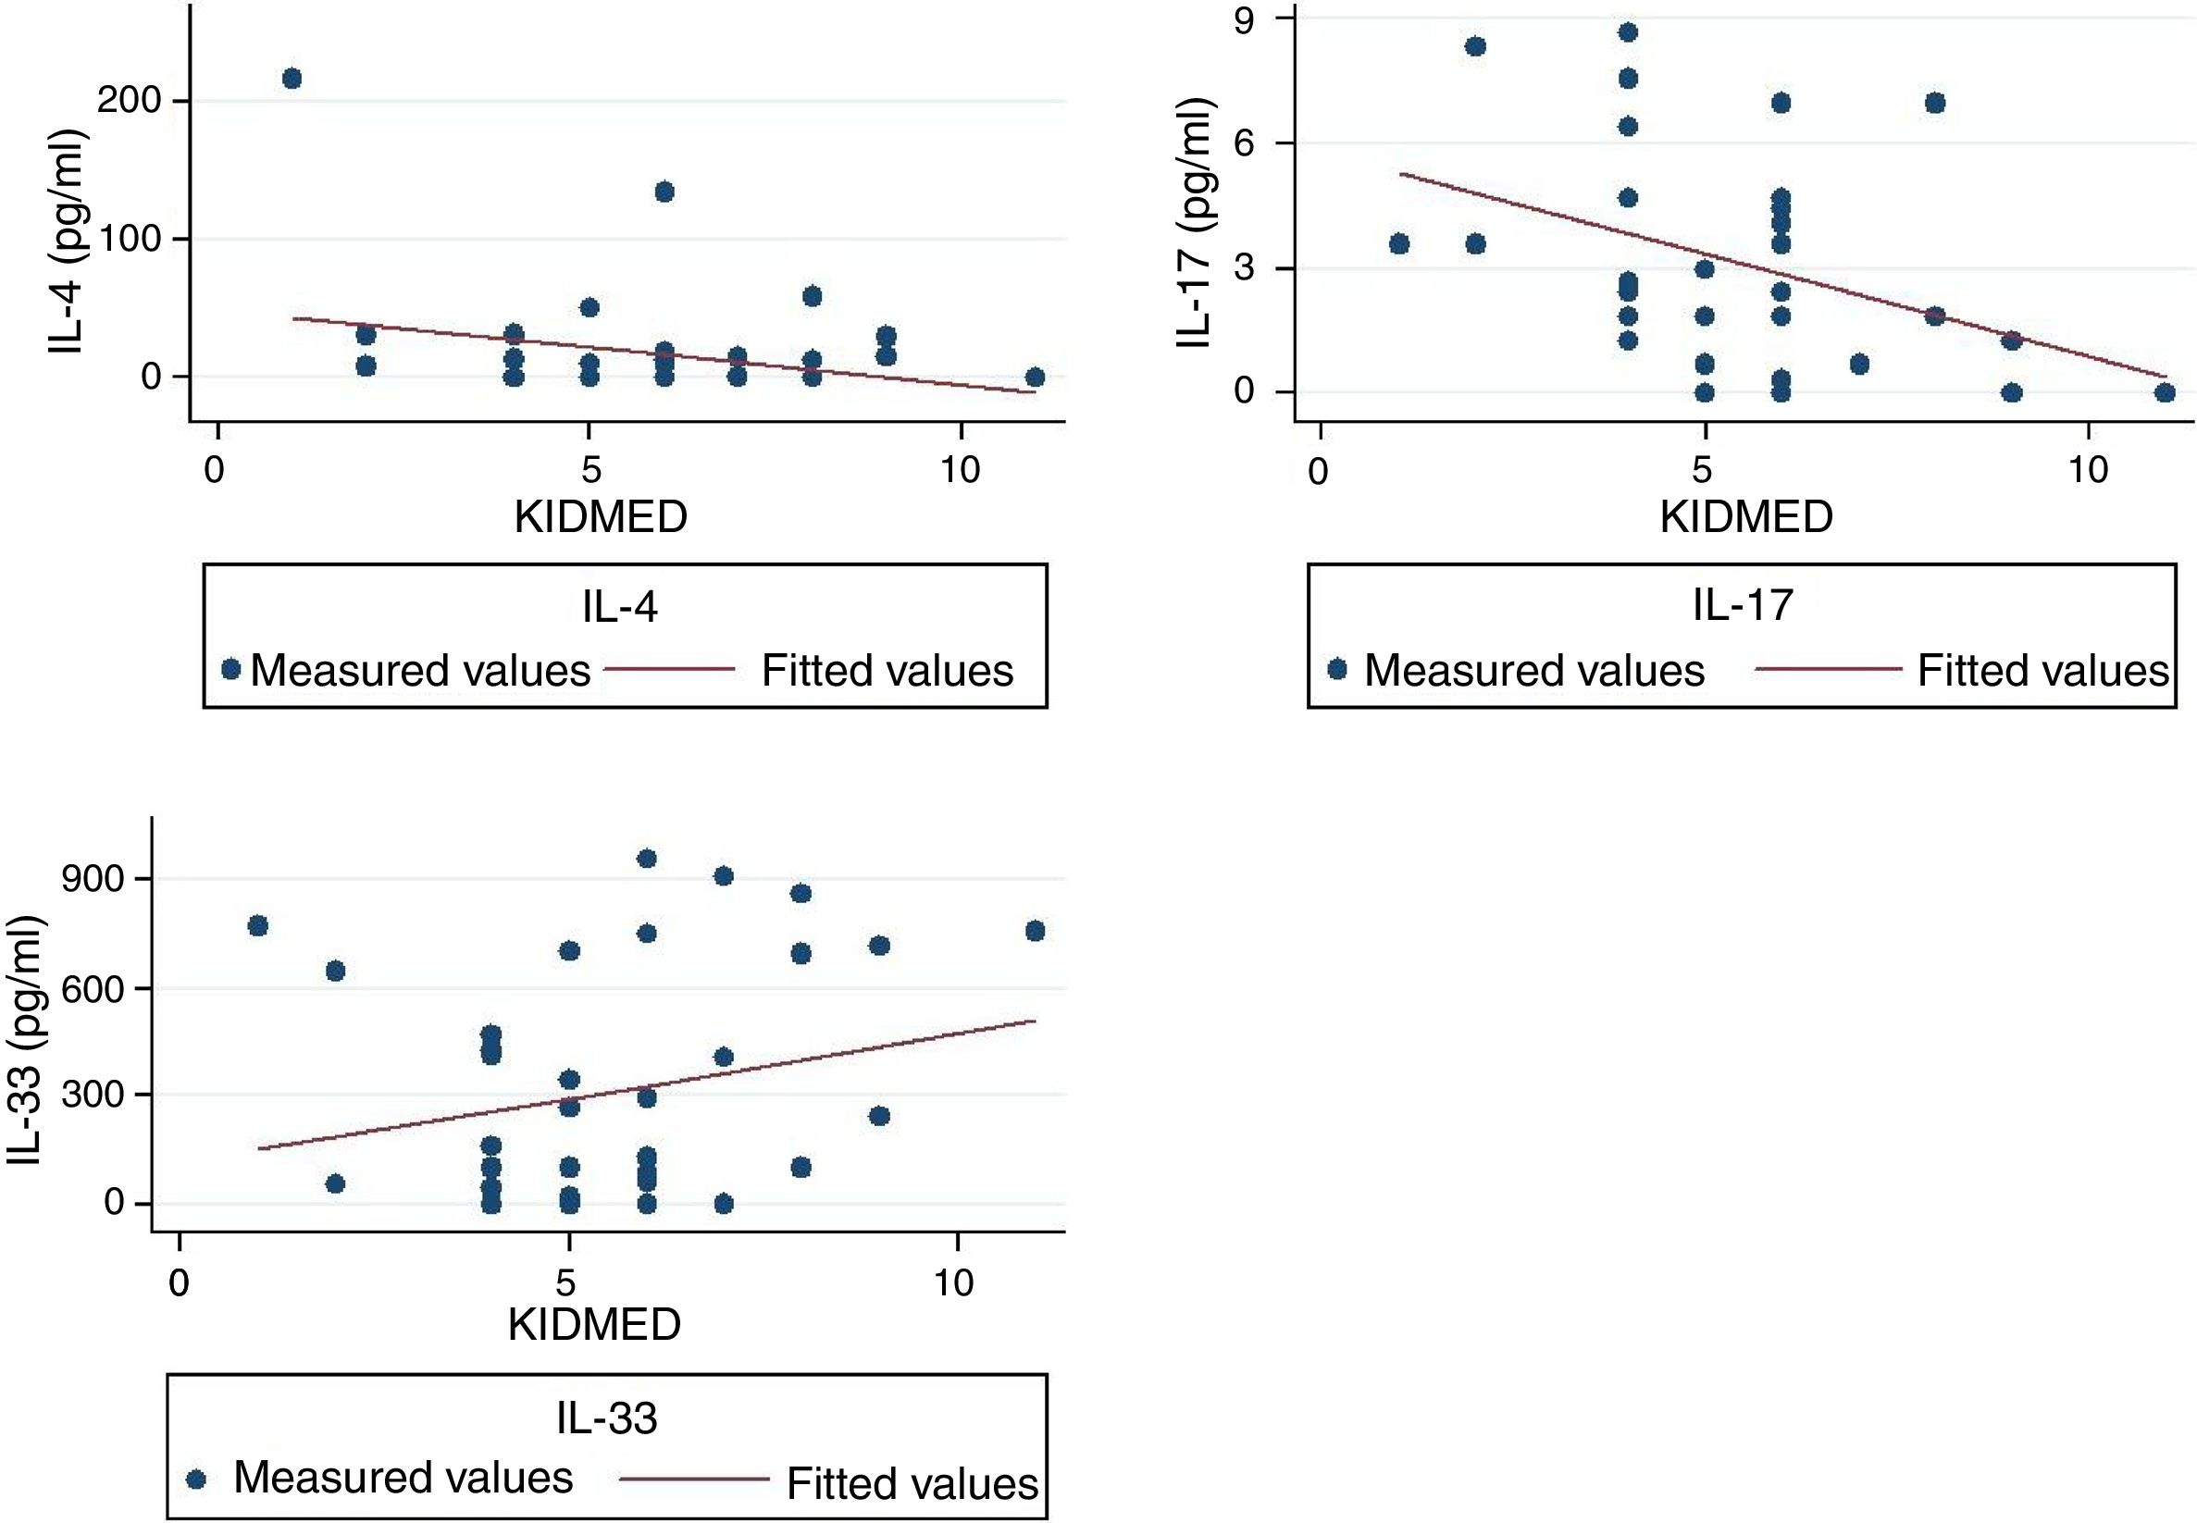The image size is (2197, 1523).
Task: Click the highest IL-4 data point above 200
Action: point(292,79)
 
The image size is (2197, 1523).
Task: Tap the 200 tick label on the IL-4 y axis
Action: point(129,101)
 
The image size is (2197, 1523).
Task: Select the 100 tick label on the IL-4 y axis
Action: point(129,239)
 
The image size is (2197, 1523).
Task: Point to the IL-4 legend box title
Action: point(620,607)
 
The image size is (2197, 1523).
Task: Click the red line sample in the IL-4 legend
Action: point(669,670)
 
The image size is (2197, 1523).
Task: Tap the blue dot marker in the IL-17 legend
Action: point(1337,670)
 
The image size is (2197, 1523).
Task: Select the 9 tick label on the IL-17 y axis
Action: point(1245,19)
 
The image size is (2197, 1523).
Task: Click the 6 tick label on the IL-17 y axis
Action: point(1245,143)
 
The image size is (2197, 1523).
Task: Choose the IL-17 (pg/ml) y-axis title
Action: point(1195,221)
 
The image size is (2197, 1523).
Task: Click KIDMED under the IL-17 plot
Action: point(1745,517)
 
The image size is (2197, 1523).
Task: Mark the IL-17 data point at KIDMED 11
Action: point(2165,392)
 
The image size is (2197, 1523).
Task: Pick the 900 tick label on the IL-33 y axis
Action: point(93,879)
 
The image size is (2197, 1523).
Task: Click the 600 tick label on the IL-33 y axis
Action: point(93,987)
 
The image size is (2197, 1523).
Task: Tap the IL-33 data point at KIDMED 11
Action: point(1035,931)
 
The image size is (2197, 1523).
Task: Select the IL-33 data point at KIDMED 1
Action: point(257,925)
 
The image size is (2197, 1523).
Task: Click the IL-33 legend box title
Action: point(607,1419)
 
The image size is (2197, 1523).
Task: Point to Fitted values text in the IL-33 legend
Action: point(912,1483)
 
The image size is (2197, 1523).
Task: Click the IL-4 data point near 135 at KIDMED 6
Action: point(665,192)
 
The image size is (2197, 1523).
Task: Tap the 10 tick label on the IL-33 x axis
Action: point(953,1282)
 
